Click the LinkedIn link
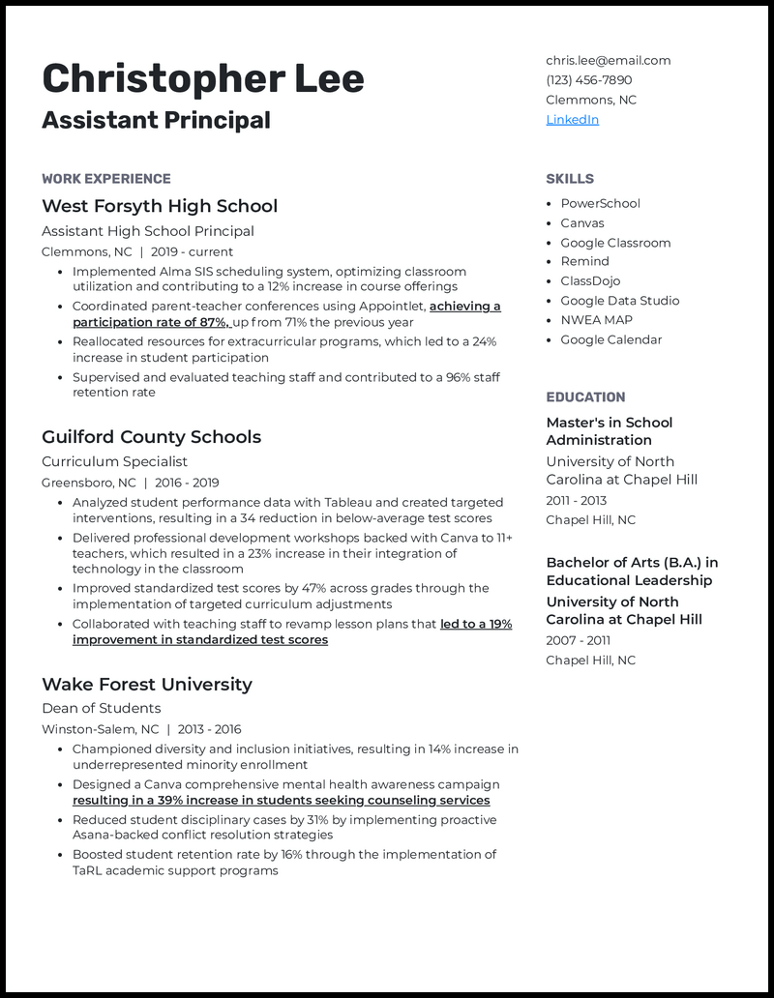pos(572,120)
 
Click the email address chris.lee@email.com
pos(608,60)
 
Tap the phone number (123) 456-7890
pos(588,80)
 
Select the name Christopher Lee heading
pos(203,78)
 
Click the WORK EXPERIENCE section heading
pos(106,179)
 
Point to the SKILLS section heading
pos(570,179)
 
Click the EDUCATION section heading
pos(585,397)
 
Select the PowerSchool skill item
pos(600,204)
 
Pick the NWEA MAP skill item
pos(596,320)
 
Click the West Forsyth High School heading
pos(160,206)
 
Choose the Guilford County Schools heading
pos(151,437)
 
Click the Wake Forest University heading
pos(147,685)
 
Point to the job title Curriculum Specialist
pos(114,462)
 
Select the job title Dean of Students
pos(101,709)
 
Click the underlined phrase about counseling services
pos(281,801)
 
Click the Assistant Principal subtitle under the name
pos(156,121)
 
